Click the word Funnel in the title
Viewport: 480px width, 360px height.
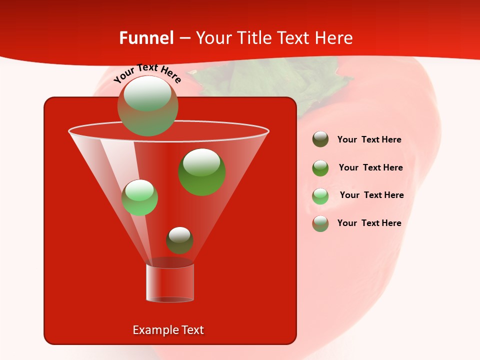[x=146, y=38]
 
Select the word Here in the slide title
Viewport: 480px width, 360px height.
[x=333, y=38]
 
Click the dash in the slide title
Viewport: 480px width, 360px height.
[x=184, y=38]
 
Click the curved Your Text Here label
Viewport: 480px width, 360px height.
[x=147, y=73]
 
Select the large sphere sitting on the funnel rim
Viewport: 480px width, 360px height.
[x=147, y=106]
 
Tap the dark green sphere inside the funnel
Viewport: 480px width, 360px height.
[x=201, y=171]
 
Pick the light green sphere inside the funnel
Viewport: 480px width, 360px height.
[x=139, y=197]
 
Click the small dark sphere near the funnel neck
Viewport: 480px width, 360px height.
[x=179, y=240]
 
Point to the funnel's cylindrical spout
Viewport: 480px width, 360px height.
[x=169, y=282]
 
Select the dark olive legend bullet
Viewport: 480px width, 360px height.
[x=320, y=139]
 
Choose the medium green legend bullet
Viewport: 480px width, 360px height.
[x=320, y=168]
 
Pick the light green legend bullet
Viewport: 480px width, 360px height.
[x=320, y=196]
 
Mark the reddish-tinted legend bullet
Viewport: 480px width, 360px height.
[x=320, y=223]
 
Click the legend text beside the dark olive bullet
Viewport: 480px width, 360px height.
[x=369, y=139]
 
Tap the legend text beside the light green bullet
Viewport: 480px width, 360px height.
[x=371, y=195]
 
